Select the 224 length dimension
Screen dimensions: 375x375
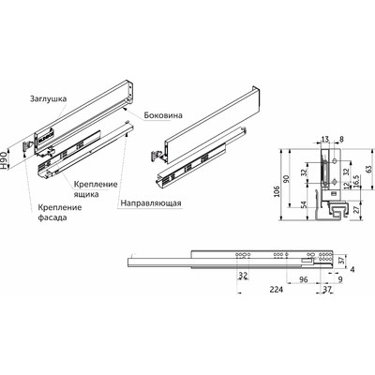(x=247, y=291)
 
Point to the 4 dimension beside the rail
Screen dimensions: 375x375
(x=364, y=270)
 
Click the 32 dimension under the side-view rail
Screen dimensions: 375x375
(x=243, y=277)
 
